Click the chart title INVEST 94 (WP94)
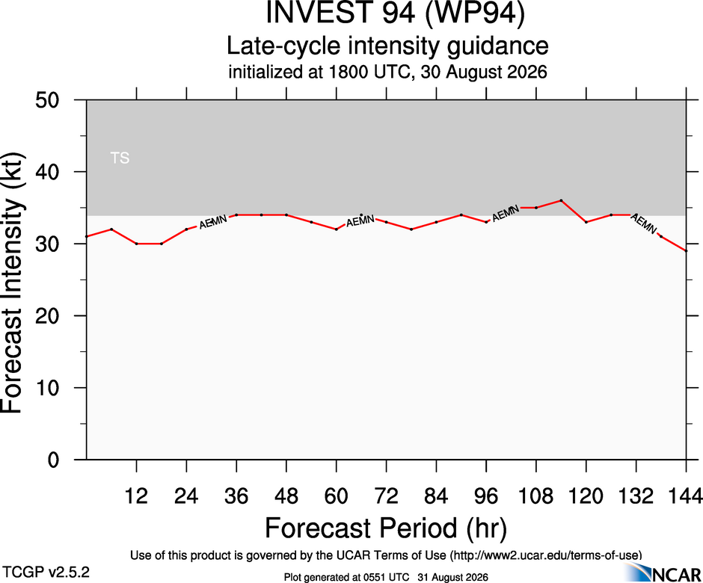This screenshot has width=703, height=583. (395, 13)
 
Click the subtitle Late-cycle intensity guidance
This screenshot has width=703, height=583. (387, 46)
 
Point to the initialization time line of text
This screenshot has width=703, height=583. (387, 73)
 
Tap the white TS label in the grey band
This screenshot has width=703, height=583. (120, 158)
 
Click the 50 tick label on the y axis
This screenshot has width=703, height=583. (47, 99)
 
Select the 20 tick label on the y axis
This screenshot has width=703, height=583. (47, 316)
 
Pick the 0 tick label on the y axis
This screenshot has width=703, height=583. (53, 460)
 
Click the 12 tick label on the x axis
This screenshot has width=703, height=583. (136, 496)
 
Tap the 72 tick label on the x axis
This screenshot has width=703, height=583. (386, 496)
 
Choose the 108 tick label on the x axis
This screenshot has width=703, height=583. (535, 496)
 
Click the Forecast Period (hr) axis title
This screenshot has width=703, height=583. (386, 528)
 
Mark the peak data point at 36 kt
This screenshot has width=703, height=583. (561, 200)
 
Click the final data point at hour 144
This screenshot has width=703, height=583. (686, 251)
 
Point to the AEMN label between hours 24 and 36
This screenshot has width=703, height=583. (213, 222)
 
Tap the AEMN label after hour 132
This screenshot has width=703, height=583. (644, 223)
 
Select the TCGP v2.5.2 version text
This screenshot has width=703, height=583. (46, 573)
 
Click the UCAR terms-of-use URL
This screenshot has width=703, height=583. (545, 555)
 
